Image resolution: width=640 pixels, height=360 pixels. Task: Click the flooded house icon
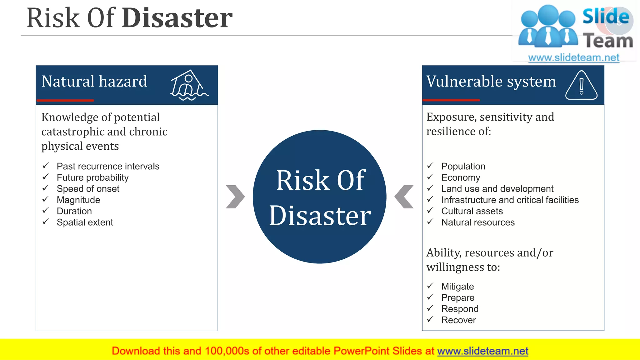[x=188, y=85]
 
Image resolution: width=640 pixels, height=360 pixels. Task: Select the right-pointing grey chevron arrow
[x=235, y=197]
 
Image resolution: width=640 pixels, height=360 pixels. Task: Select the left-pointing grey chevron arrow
[x=404, y=197]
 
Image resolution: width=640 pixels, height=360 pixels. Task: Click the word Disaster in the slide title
[x=177, y=18]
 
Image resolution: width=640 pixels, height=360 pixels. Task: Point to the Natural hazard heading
[x=94, y=81]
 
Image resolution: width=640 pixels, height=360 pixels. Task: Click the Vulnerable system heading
[x=491, y=81]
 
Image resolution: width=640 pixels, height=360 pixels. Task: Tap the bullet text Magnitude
[x=78, y=200]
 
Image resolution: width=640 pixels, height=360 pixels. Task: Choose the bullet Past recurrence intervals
[x=108, y=166]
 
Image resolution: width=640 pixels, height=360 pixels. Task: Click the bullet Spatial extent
[x=85, y=222]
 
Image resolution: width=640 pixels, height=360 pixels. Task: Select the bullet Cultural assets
[x=472, y=211]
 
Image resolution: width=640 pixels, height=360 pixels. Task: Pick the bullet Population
[x=463, y=166]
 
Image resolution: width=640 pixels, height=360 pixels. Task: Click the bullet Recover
[x=458, y=320]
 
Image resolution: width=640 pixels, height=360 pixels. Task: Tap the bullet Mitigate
[x=457, y=286]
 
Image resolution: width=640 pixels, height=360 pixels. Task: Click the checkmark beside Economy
[x=430, y=177]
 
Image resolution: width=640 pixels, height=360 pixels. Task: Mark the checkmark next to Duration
[x=46, y=211]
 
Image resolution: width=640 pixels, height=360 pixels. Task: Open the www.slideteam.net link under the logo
[x=573, y=58]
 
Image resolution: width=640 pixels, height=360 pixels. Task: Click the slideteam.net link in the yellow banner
[x=482, y=351]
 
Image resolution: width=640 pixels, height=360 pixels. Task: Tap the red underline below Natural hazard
[x=65, y=100]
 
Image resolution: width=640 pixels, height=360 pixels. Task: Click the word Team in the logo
[x=608, y=41]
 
